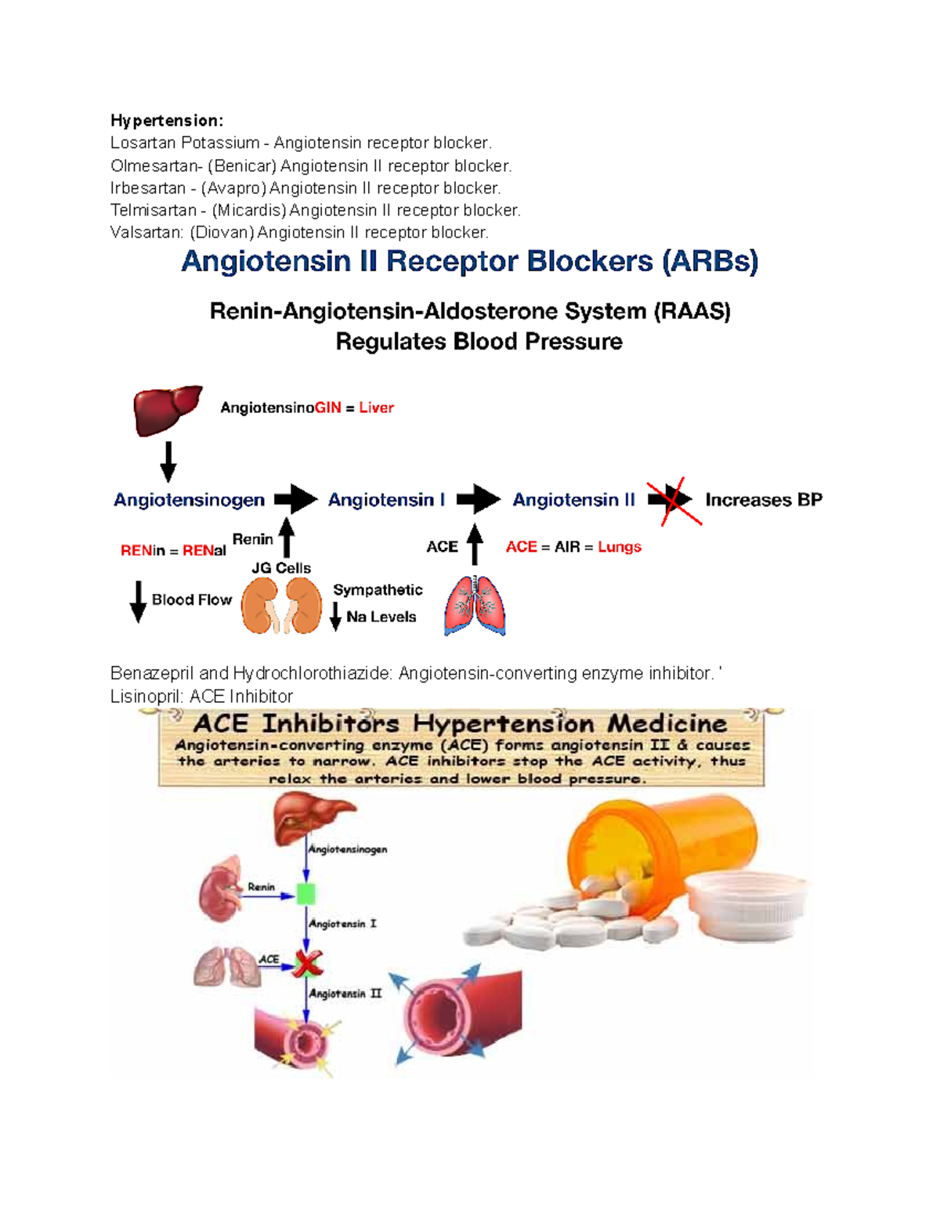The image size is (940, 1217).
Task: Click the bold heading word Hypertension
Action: click(165, 121)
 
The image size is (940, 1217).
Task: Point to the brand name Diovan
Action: click(222, 233)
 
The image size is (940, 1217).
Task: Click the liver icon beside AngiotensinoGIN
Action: click(167, 409)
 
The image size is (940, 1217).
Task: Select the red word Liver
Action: click(376, 407)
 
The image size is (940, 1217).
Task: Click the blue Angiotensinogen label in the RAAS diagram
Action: click(189, 500)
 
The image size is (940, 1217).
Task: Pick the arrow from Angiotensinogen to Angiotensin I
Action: click(295, 498)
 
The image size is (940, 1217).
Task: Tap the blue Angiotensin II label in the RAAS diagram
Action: click(573, 500)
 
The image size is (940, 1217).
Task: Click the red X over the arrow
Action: click(674, 500)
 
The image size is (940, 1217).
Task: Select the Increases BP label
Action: click(764, 500)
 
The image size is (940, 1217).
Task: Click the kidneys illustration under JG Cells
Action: click(281, 606)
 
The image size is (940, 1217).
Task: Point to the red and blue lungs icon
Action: click(475, 606)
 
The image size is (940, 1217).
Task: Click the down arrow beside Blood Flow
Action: click(138, 601)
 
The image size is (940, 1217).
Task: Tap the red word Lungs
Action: click(619, 547)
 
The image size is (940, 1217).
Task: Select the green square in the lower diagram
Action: click(305, 893)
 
